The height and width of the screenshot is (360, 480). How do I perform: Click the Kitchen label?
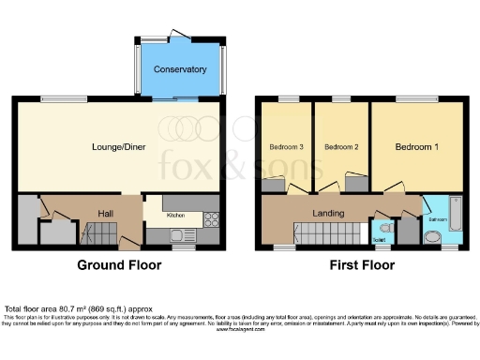[x=176, y=216]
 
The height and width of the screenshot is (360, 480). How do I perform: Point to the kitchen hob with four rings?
[x=211, y=221]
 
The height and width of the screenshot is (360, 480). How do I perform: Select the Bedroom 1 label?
[x=415, y=147]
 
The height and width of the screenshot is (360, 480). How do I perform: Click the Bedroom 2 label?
[x=342, y=147]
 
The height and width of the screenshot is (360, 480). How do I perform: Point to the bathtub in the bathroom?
[x=455, y=215]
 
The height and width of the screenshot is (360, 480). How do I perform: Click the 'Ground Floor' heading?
[x=119, y=265]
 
